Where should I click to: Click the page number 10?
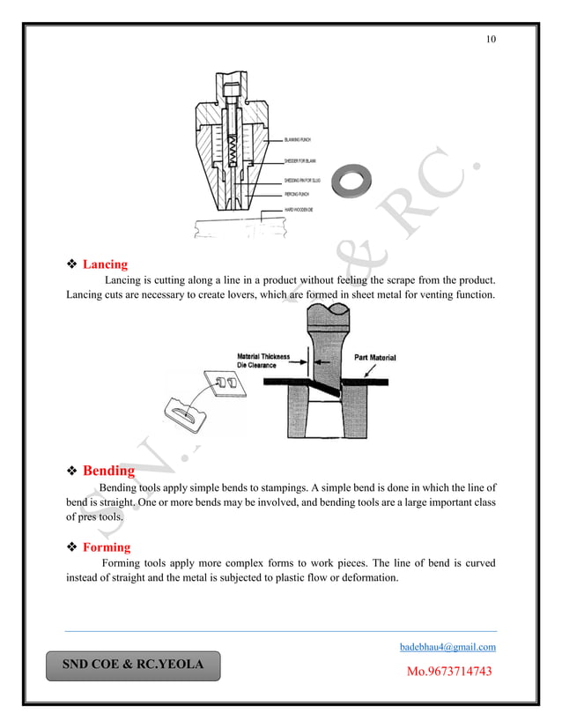[x=491, y=41]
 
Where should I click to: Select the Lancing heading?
[x=105, y=264]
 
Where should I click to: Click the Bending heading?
[x=108, y=471]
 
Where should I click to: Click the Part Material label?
[x=374, y=358]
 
